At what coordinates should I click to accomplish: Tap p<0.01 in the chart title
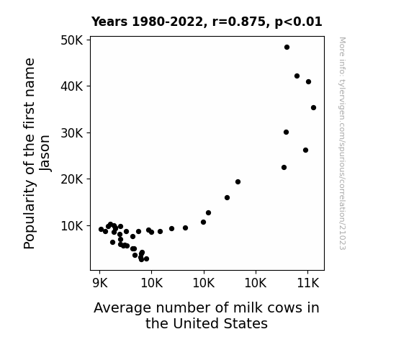(298, 22)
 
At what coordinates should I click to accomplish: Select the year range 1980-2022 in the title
(167, 22)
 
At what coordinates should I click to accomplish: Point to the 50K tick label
(72, 40)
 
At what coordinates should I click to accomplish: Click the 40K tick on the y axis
(72, 86)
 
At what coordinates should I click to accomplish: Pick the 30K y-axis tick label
(72, 133)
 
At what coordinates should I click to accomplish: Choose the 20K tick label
(72, 179)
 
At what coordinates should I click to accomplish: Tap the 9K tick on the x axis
(100, 284)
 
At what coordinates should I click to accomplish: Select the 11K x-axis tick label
(308, 284)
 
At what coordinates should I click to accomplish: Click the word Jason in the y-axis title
(45, 153)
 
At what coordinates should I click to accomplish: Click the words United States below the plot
(220, 323)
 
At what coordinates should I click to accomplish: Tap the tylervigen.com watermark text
(342, 143)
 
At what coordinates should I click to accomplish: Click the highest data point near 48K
(287, 48)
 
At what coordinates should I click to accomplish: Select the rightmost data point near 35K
(313, 107)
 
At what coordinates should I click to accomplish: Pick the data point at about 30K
(287, 132)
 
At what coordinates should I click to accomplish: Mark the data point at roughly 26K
(305, 150)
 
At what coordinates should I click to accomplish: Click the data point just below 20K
(238, 181)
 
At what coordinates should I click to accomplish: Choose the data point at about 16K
(227, 197)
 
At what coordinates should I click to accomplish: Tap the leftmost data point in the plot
(101, 229)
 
